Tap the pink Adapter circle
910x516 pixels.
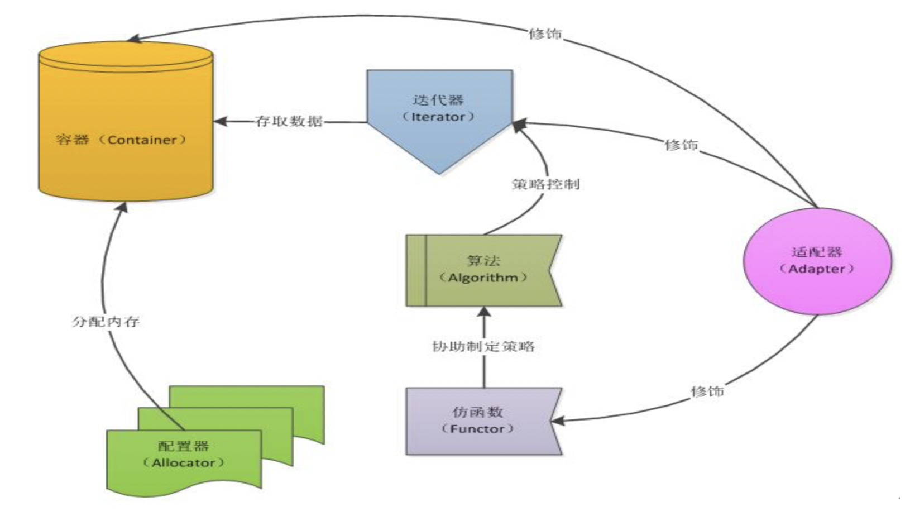(x=817, y=261)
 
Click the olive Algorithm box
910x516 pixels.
(x=483, y=270)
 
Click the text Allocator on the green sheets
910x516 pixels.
(x=184, y=463)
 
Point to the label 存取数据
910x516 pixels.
(x=288, y=121)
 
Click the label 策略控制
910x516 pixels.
(x=545, y=184)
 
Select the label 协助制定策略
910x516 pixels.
(x=483, y=347)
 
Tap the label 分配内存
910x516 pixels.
(x=106, y=322)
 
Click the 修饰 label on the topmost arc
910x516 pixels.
(x=545, y=34)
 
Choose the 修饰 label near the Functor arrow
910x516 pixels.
(x=707, y=391)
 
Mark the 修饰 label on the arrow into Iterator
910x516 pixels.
(x=681, y=145)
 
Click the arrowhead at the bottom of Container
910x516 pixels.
(x=122, y=207)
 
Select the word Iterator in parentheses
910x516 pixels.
(x=438, y=117)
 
